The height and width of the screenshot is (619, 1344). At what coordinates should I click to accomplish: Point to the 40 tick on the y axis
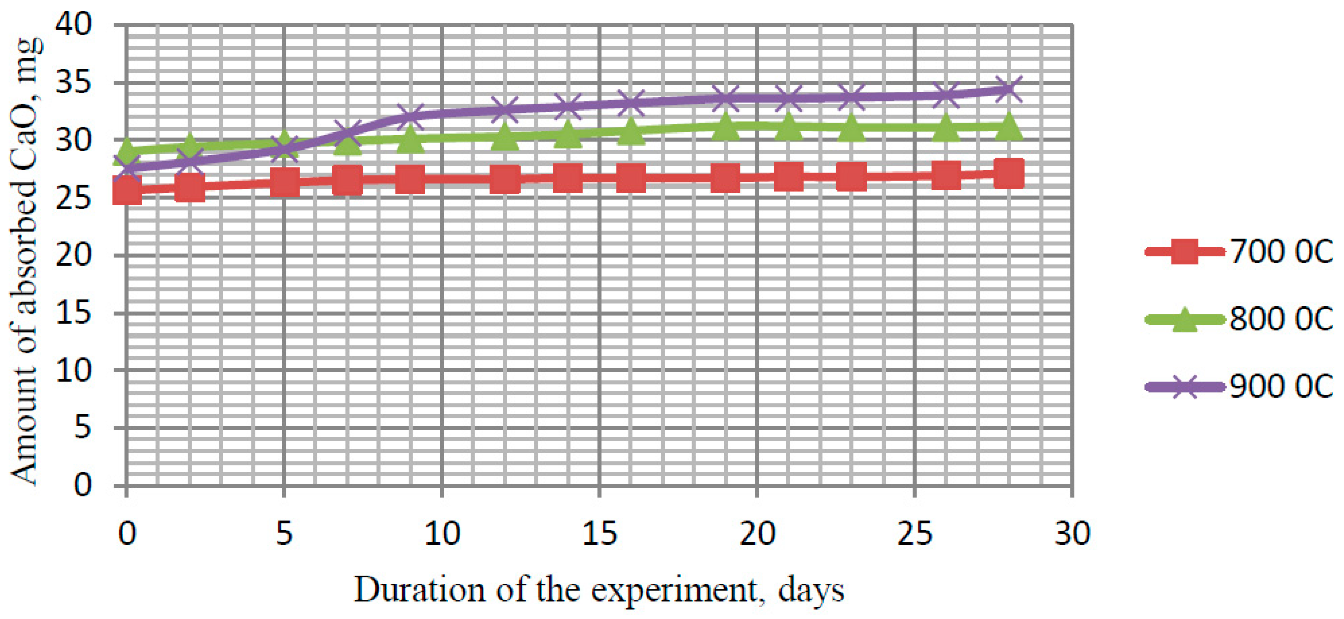(x=74, y=25)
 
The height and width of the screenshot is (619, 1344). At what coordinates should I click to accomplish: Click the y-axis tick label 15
(x=74, y=313)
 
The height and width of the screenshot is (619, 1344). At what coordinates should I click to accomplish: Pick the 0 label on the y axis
(x=82, y=485)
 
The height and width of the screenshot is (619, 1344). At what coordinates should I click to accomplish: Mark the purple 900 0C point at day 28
(x=1009, y=89)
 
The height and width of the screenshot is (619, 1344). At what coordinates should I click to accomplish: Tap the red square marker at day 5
(x=284, y=182)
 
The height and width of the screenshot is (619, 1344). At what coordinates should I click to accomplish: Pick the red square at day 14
(x=568, y=178)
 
